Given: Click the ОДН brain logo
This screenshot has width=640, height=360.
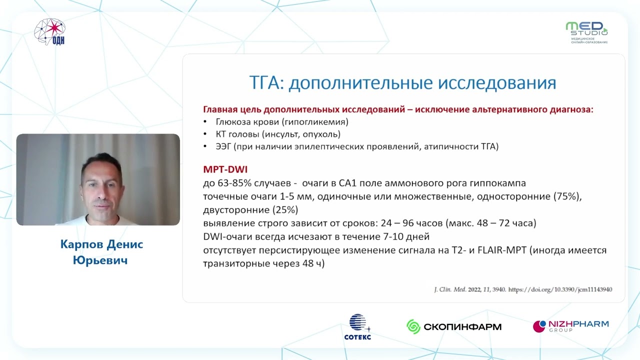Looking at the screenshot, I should pyautogui.click(x=49, y=31).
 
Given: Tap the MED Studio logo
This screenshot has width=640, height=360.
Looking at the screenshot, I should pyautogui.click(x=586, y=31).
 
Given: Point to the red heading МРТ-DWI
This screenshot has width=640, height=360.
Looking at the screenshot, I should pyautogui.click(x=225, y=169).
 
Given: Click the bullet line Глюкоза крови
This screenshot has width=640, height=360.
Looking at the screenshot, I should pyautogui.click(x=281, y=121).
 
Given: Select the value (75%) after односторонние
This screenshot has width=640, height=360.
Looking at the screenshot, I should pyautogui.click(x=567, y=196).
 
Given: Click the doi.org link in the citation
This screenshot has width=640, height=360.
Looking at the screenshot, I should pyautogui.click(x=560, y=289).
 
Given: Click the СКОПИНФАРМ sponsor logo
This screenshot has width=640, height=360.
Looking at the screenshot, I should pyautogui.click(x=454, y=327).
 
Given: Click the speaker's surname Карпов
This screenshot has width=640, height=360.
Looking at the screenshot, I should pyautogui.click(x=80, y=244).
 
